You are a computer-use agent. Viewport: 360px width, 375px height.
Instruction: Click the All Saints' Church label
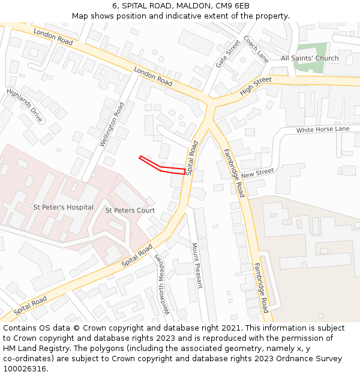[310, 58]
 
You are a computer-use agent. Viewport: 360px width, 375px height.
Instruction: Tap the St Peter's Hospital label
[63, 208]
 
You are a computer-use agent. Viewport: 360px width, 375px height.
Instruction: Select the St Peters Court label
[130, 211]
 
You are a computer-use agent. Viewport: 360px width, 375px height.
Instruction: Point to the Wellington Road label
[112, 125]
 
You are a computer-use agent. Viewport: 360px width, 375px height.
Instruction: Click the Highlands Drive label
[25, 106]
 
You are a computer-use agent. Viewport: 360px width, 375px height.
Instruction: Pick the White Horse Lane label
[323, 130]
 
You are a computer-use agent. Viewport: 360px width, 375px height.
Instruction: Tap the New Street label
[257, 173]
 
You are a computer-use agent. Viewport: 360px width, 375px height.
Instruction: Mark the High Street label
[256, 86]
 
